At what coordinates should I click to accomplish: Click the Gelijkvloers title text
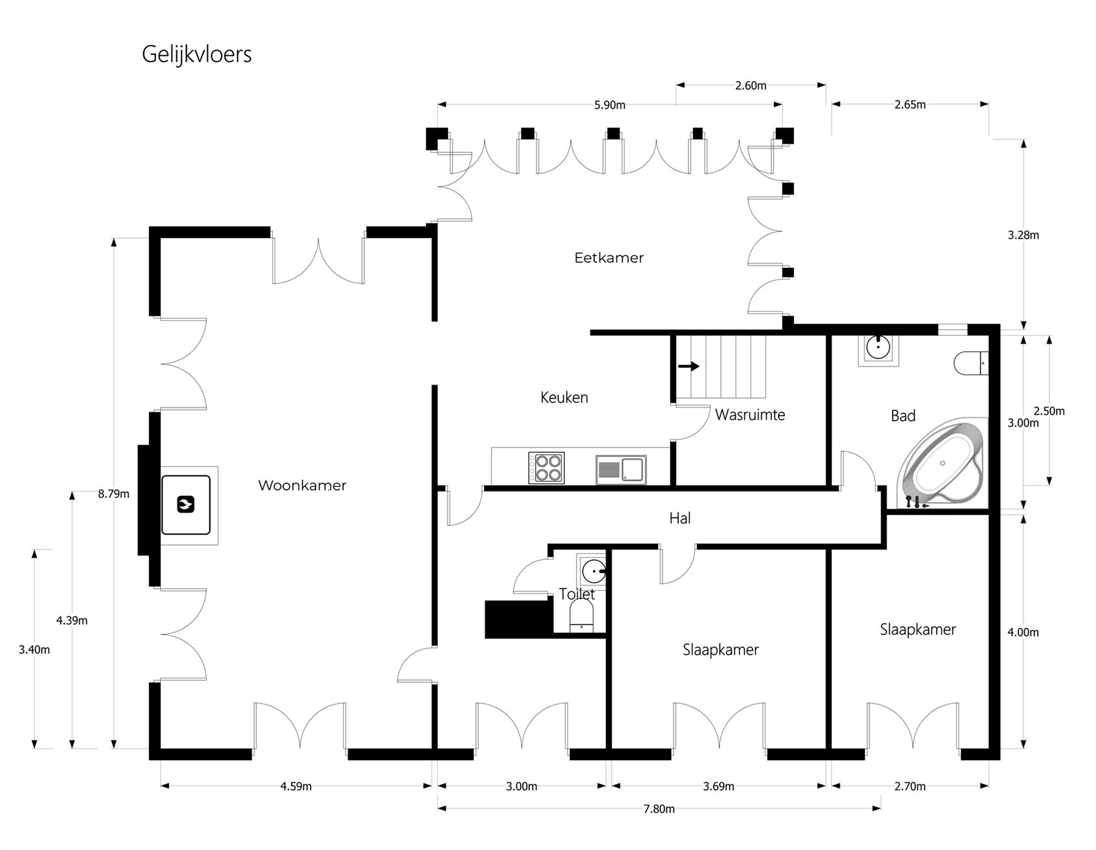(x=197, y=55)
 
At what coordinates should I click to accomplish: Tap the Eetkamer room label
(x=609, y=258)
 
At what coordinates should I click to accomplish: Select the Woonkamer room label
(x=302, y=485)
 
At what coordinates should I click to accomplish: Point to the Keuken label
(x=564, y=398)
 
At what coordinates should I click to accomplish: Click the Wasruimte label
(x=750, y=415)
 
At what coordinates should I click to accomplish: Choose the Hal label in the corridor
(x=680, y=518)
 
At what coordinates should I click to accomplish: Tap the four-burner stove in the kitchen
(x=546, y=468)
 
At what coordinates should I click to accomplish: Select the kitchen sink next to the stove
(x=621, y=470)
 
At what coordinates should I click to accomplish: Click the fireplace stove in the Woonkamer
(x=186, y=504)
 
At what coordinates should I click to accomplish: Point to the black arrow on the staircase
(x=689, y=366)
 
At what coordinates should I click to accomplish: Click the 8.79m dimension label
(x=114, y=494)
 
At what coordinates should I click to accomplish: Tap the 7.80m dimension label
(x=659, y=809)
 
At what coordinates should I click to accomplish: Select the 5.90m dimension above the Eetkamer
(x=609, y=105)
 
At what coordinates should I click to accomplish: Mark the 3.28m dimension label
(x=1023, y=236)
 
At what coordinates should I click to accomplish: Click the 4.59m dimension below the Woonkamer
(x=296, y=786)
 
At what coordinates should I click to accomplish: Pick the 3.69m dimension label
(x=718, y=786)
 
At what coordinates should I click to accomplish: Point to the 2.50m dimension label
(x=1049, y=411)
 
